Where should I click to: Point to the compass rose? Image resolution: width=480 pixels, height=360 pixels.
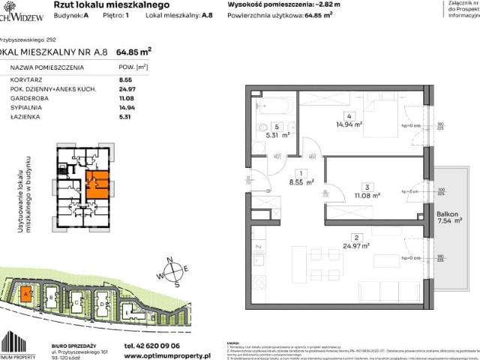pos(172,272)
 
